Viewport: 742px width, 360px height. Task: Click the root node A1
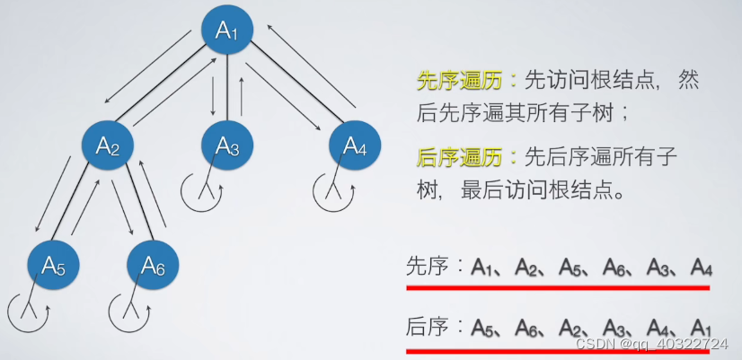click(226, 31)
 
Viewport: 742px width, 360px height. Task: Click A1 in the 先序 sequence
click(491, 267)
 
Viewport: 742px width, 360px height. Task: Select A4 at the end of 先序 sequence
click(702, 267)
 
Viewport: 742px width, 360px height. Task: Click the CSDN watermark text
click(651, 344)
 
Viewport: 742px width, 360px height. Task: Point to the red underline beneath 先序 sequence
click(557, 287)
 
